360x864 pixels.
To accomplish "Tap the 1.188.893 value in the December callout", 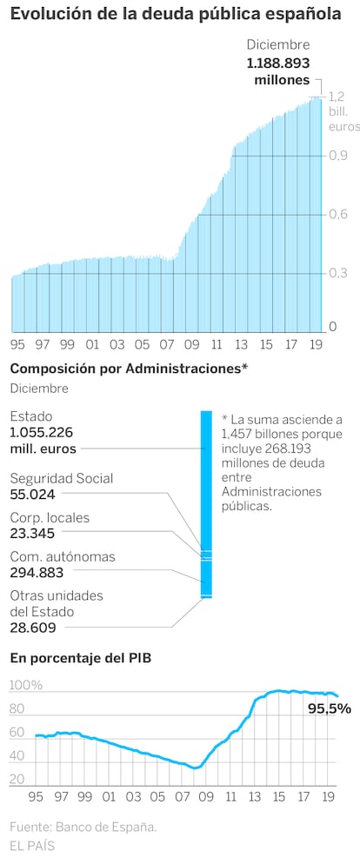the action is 278,63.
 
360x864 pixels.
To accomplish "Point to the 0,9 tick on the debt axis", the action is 337,156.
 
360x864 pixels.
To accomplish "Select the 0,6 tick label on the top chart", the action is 337,215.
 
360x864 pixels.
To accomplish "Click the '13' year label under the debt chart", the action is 241,345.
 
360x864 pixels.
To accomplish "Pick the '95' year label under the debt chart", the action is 17,345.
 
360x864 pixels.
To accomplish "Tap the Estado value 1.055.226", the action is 42,433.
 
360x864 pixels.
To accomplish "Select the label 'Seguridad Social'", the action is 62,478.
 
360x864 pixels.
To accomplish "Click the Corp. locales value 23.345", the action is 32,534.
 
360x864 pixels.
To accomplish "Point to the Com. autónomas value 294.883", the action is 37,573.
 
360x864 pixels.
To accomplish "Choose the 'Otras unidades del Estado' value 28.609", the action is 33,627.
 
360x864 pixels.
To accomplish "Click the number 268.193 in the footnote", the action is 304,448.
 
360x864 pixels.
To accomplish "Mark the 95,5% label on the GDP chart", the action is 330,709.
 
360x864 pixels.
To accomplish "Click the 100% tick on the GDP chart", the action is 26,686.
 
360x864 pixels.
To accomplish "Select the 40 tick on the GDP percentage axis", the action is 17,756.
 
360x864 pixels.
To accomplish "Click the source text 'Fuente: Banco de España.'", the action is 83,827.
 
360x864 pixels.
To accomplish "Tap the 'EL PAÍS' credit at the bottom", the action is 32,846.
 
